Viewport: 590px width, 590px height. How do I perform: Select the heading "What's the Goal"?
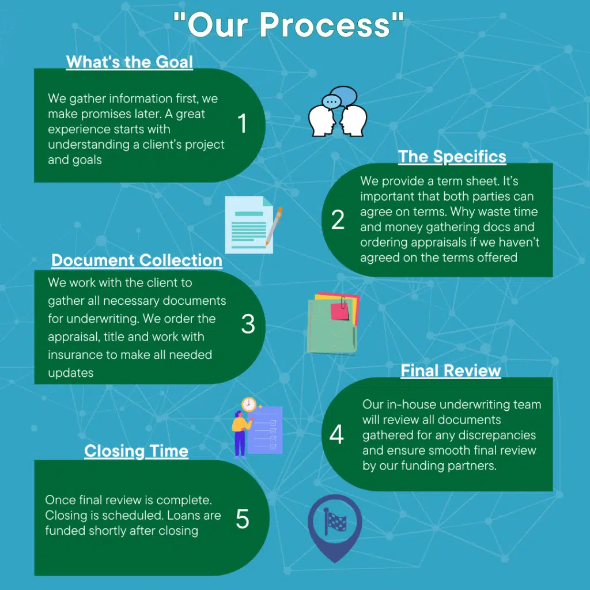click(130, 62)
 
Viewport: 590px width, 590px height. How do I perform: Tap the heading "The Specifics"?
click(452, 156)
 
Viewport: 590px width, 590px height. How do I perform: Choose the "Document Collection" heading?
click(137, 260)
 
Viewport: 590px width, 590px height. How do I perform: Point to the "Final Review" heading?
click(451, 370)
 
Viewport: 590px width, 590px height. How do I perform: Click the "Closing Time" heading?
click(136, 451)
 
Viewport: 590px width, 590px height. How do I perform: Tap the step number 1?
click(242, 123)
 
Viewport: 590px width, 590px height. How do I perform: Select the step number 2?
click(338, 220)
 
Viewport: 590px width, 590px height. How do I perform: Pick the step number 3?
click(248, 324)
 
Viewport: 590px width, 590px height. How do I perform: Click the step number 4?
click(336, 434)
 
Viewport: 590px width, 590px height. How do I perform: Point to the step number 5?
click(243, 519)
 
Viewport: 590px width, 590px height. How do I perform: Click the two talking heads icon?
click(338, 118)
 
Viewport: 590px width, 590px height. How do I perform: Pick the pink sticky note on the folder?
click(340, 311)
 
